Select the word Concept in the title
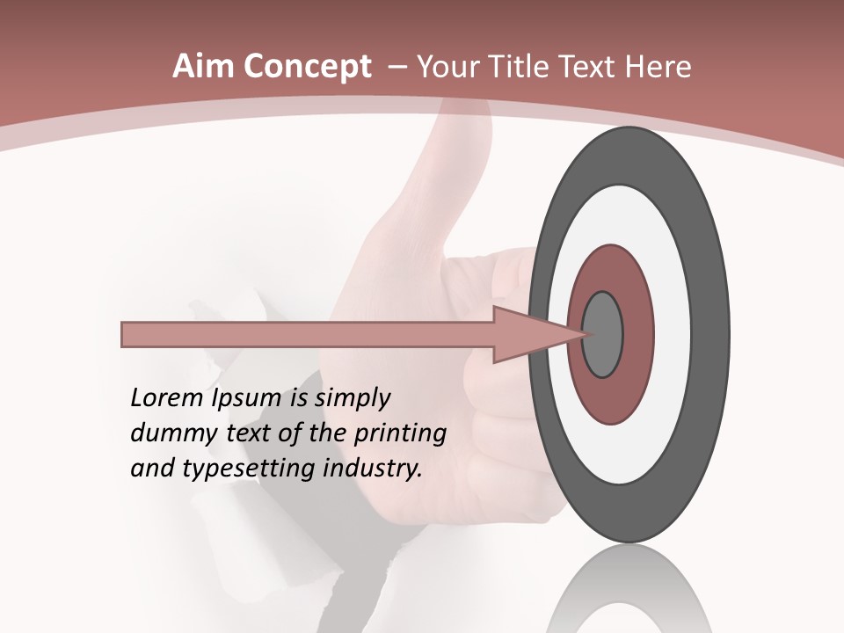coord(308,67)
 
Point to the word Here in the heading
coord(658,67)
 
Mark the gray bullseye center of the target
coord(603,334)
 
